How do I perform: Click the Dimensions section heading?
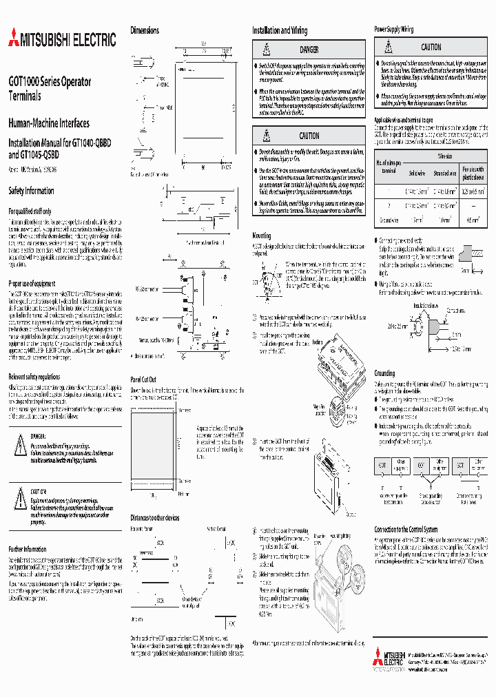(145, 30)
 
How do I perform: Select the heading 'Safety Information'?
(31, 191)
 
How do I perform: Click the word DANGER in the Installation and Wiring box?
(309, 50)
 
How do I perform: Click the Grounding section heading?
(384, 373)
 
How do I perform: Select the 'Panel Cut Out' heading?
(143, 379)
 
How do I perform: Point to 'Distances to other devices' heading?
(155, 517)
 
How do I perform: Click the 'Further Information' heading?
(28, 549)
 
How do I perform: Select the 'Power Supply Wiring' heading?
(393, 30)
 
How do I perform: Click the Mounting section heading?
(261, 236)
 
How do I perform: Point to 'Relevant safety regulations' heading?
(34, 377)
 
